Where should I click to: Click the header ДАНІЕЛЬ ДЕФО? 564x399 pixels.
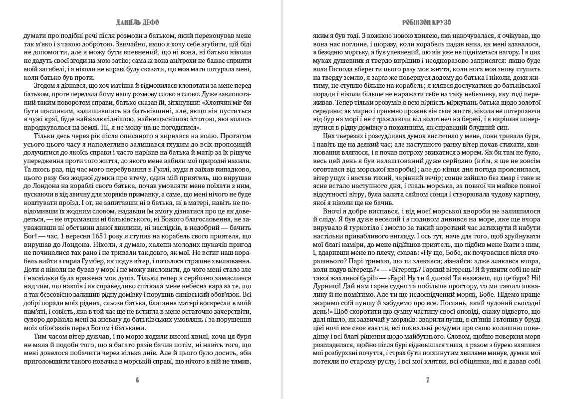coord(137,22)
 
